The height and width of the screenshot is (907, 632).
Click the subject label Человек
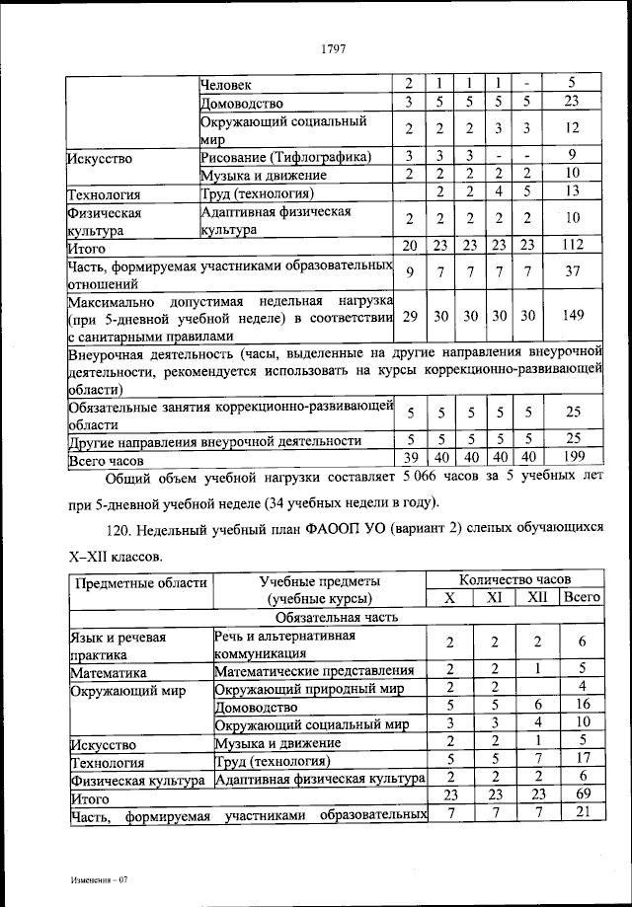tap(226, 84)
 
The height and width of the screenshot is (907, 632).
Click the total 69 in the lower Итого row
tap(583, 794)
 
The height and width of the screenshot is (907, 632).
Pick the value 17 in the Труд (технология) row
tap(583, 760)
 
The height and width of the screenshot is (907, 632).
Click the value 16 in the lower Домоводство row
tap(583, 706)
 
